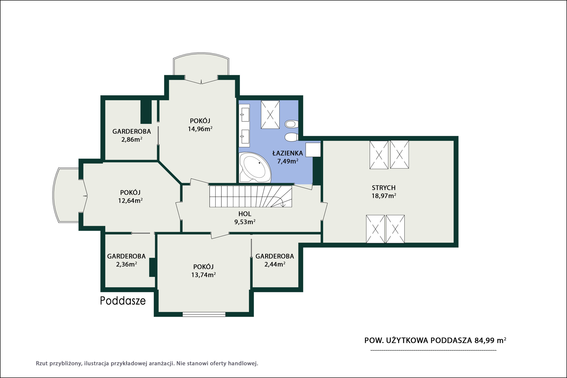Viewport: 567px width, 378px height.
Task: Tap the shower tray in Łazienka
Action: pos(270,114)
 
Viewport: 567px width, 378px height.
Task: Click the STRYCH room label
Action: pos(384,188)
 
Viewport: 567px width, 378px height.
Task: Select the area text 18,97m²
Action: pos(384,196)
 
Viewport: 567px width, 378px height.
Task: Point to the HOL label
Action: pos(245,214)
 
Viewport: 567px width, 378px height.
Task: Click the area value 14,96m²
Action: pos(200,129)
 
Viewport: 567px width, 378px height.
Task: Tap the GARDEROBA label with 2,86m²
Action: pos(132,131)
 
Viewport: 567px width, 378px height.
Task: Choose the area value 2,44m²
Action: pos(275,264)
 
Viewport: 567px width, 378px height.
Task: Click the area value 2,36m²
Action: pos(126,264)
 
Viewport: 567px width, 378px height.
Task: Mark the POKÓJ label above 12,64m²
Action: pos(130,192)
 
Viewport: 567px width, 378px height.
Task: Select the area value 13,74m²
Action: pos(203,275)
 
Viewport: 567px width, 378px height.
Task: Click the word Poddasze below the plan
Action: pos(123,301)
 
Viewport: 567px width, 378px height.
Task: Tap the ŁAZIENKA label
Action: pos(288,153)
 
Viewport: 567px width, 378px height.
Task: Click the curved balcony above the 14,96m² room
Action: pos(201,63)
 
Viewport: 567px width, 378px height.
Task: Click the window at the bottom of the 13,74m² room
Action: pos(204,314)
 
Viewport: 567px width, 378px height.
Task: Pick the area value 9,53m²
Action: pos(245,222)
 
